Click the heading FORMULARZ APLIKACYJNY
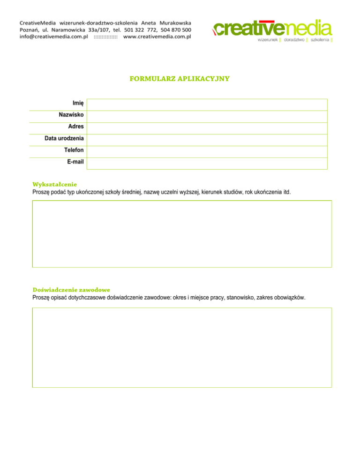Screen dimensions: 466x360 click(180, 79)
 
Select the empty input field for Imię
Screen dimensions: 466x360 click(207, 105)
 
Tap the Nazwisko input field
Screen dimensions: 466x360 click(207, 116)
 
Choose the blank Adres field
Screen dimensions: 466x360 click(207, 128)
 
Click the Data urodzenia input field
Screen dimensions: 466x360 click(207, 140)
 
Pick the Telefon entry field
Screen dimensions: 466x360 click(207, 151)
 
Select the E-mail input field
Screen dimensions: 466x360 click(207, 163)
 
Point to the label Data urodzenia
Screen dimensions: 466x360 click(64, 139)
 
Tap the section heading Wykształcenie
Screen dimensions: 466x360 click(55, 184)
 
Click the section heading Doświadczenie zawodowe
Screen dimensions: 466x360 click(71, 290)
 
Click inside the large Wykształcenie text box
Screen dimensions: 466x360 click(182, 233)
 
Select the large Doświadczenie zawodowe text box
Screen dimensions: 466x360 click(182, 347)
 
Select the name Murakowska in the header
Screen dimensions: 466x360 click(175, 23)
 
